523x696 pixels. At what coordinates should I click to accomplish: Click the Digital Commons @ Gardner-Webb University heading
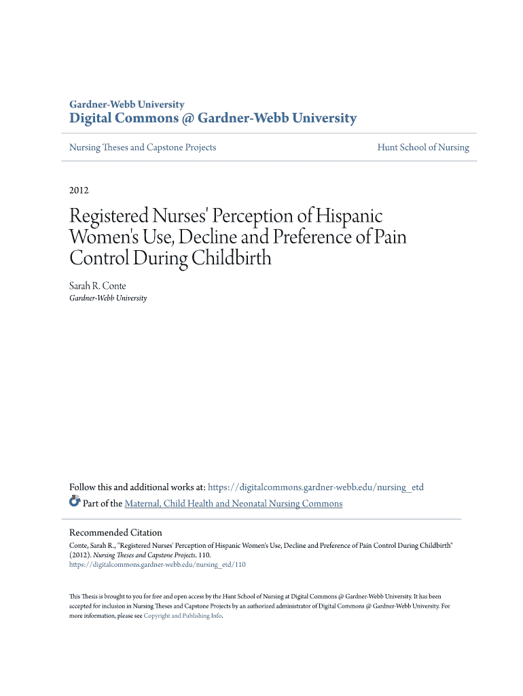click(213, 118)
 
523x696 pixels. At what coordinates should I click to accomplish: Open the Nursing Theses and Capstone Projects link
click(143, 147)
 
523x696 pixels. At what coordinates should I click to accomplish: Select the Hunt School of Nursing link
click(423, 147)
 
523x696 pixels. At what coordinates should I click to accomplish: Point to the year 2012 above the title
click(79, 190)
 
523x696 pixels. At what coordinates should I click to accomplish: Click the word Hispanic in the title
click(346, 217)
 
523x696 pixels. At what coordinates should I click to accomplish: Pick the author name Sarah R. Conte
click(98, 286)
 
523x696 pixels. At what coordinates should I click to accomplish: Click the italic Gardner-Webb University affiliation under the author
click(108, 298)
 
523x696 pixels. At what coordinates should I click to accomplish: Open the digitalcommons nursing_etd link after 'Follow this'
click(315, 487)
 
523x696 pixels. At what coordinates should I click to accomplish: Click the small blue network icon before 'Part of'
click(75, 502)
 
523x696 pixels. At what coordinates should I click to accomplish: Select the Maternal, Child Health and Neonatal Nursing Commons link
click(233, 504)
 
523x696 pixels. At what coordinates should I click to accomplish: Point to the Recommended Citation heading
click(115, 533)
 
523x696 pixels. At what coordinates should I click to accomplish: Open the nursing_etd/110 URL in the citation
click(158, 564)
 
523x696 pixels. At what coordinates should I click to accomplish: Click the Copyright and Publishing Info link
click(183, 616)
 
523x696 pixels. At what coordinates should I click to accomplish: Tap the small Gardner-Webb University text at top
click(127, 105)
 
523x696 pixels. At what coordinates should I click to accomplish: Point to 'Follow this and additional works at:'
click(137, 487)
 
